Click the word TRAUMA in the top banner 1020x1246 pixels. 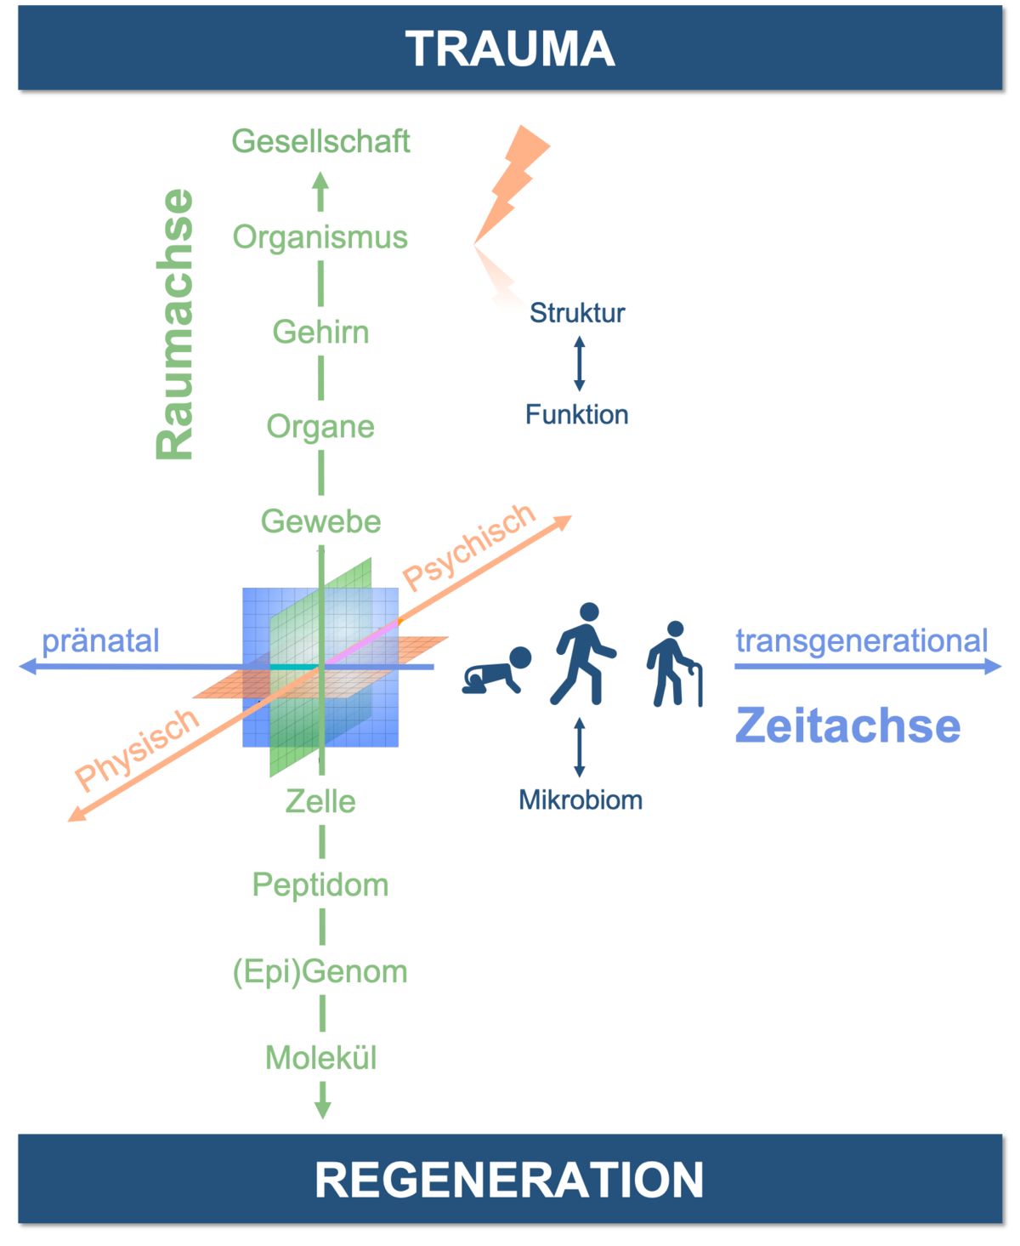coord(510,48)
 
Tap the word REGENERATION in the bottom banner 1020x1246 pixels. coord(509,1180)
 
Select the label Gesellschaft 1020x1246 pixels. coord(320,141)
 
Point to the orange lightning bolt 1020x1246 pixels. coord(512,185)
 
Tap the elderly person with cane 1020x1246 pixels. coord(675,664)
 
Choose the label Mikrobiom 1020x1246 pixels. coord(581,800)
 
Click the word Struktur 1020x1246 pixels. coord(577,312)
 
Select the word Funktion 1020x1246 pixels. coord(577,414)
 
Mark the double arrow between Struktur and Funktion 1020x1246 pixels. coord(580,363)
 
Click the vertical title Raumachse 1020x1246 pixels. coord(175,323)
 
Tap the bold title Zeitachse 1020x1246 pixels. coord(847,725)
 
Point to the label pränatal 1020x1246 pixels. coord(100,641)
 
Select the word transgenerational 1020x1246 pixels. coord(862,641)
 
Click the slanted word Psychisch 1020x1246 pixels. coord(469,547)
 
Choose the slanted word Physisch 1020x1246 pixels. coord(137,749)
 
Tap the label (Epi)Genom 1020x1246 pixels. coord(320,972)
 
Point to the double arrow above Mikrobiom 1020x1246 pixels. coord(580,748)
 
